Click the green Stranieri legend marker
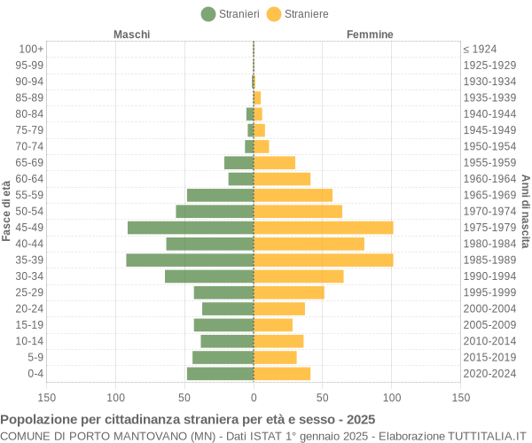(x=208, y=13)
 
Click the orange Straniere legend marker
(x=274, y=13)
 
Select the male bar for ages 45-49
(x=191, y=228)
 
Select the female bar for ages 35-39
(x=323, y=260)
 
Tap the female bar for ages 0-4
(x=282, y=374)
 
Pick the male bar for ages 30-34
(x=209, y=276)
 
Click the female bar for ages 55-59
(x=293, y=195)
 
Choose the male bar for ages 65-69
(x=239, y=163)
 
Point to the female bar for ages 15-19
(x=273, y=325)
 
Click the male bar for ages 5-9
(x=223, y=358)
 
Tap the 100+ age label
(x=31, y=50)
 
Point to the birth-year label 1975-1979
(x=489, y=228)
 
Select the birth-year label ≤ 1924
(x=480, y=50)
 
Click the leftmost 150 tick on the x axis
(x=47, y=399)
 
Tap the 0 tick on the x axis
(x=254, y=399)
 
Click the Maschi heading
(x=131, y=35)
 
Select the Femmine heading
(x=370, y=35)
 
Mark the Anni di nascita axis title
(x=525, y=211)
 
